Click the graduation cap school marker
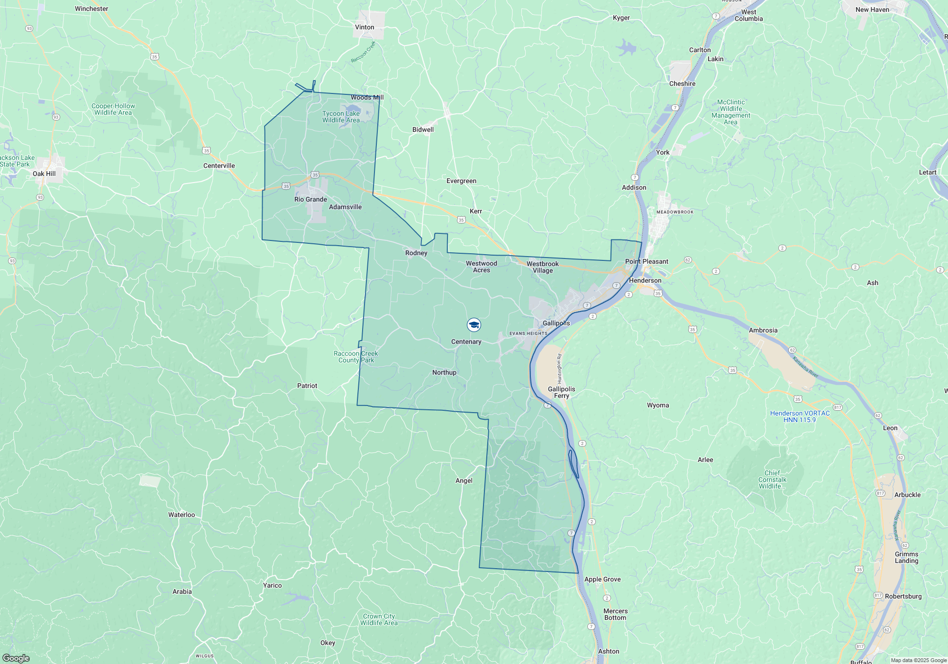pyautogui.click(x=474, y=325)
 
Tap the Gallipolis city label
pyautogui.click(x=556, y=323)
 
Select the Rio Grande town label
pyautogui.click(x=310, y=199)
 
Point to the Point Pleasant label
pyautogui.click(x=647, y=261)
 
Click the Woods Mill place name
pyautogui.click(x=367, y=97)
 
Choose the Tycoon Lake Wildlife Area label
pyautogui.click(x=341, y=117)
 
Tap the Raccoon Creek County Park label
pyautogui.click(x=355, y=357)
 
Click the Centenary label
pyautogui.click(x=466, y=341)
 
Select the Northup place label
pyautogui.click(x=444, y=372)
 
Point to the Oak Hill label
pyautogui.click(x=44, y=174)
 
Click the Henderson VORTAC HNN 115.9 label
pyautogui.click(x=800, y=416)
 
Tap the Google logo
pyautogui.click(x=16, y=658)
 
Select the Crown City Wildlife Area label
pyautogui.click(x=379, y=619)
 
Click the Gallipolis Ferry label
pyautogui.click(x=561, y=392)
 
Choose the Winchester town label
pyautogui.click(x=91, y=9)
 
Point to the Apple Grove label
pyautogui.click(x=602, y=579)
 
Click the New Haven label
pyautogui.click(x=872, y=9)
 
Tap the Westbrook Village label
pyautogui.click(x=542, y=267)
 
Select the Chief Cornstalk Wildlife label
pyautogui.click(x=772, y=480)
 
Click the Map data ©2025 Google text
pyautogui.click(x=919, y=660)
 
